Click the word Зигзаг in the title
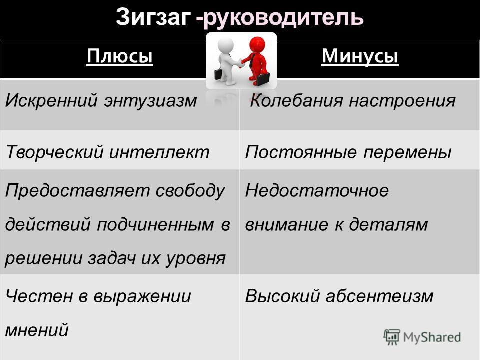[153, 17]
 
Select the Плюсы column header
[120, 56]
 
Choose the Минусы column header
[360, 56]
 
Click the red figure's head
[257, 45]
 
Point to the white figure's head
[225, 45]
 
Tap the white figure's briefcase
[218, 74]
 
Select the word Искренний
[51, 100]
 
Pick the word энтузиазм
[150, 101]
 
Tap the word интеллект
[159, 152]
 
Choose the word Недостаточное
[317, 190]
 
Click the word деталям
[389, 224]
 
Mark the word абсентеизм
[380, 296]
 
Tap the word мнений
[37, 330]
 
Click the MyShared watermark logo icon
[392, 337]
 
